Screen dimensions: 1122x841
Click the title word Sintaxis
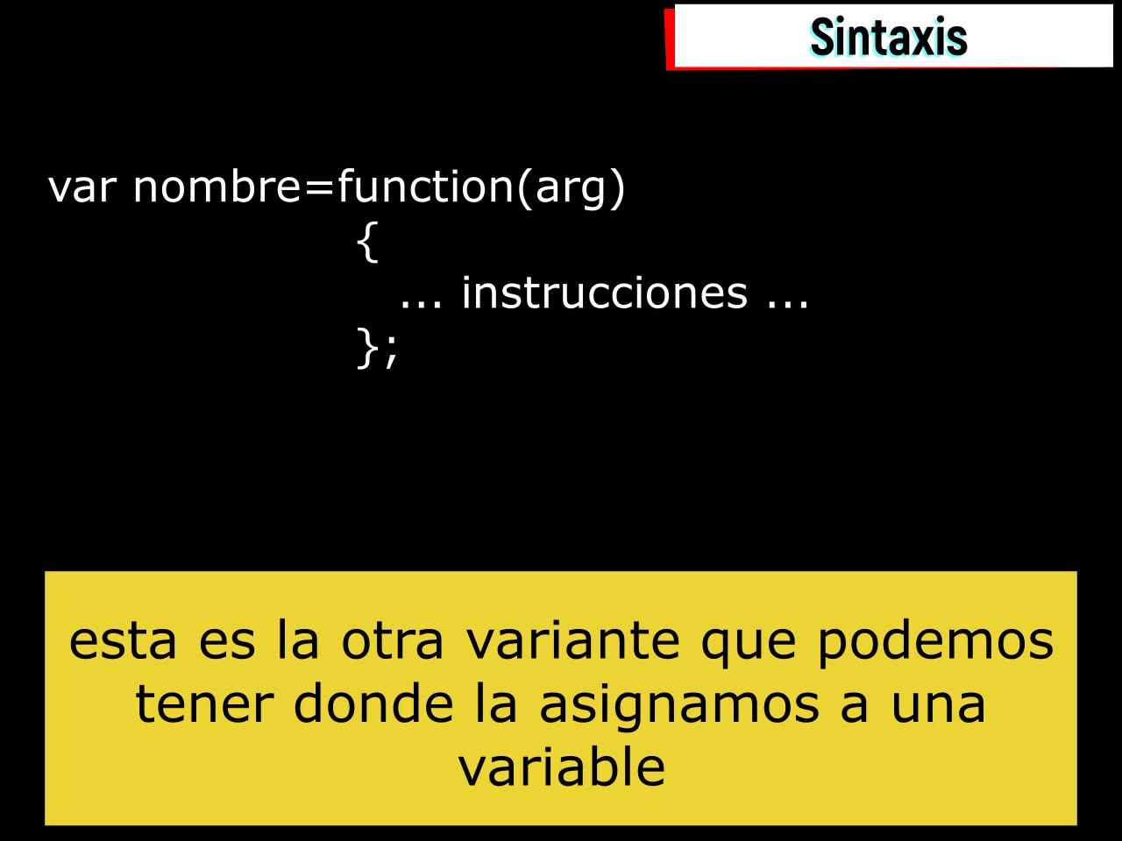point(889,36)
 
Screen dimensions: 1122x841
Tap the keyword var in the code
point(82,187)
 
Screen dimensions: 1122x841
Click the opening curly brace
point(367,242)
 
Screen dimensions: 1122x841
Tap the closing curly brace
point(367,348)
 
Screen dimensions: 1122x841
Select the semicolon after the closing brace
point(391,352)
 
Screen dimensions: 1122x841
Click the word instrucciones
point(605,293)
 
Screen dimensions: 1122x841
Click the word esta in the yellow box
point(123,641)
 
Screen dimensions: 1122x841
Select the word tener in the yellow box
point(204,705)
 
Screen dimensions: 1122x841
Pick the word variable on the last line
point(561,766)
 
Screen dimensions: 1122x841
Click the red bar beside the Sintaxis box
point(670,39)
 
